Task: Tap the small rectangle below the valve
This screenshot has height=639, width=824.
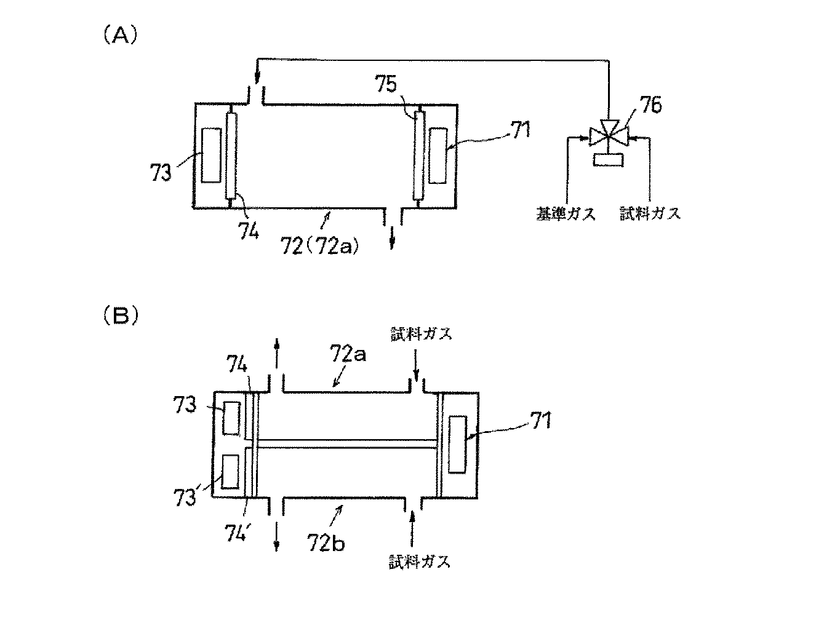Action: (608, 160)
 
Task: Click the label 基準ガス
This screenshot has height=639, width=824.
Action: (565, 214)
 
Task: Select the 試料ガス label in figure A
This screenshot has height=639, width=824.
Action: (650, 214)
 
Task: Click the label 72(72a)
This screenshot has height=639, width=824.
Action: (319, 247)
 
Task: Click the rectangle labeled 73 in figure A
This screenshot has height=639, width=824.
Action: (210, 156)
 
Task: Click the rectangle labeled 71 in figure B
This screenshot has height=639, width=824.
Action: (457, 444)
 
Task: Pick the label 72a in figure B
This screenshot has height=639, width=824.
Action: (348, 355)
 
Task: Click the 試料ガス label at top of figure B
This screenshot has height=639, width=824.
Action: (421, 334)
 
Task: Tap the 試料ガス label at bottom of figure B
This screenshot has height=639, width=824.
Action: (419, 562)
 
